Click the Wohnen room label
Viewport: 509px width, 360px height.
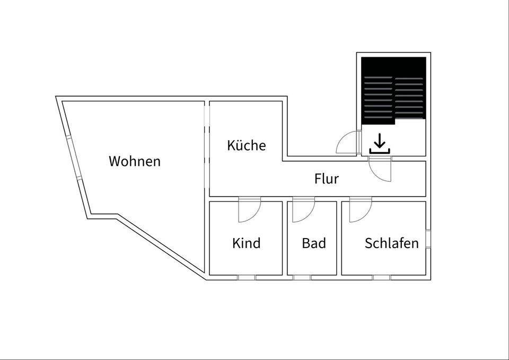click(135, 161)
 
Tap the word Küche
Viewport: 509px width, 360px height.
click(247, 145)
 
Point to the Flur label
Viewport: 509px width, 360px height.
click(327, 179)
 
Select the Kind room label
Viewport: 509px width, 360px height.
click(247, 243)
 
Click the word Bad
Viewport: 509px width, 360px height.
click(314, 243)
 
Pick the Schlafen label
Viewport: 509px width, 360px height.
click(392, 243)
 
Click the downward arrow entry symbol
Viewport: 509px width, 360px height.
click(380, 144)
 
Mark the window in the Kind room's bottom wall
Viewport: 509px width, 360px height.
click(246, 277)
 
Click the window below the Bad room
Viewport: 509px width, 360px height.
click(302, 277)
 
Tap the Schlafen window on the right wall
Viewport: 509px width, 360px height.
click(428, 239)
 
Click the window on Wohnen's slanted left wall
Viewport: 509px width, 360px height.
click(74, 159)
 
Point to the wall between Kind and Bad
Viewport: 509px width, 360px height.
click(285, 239)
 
